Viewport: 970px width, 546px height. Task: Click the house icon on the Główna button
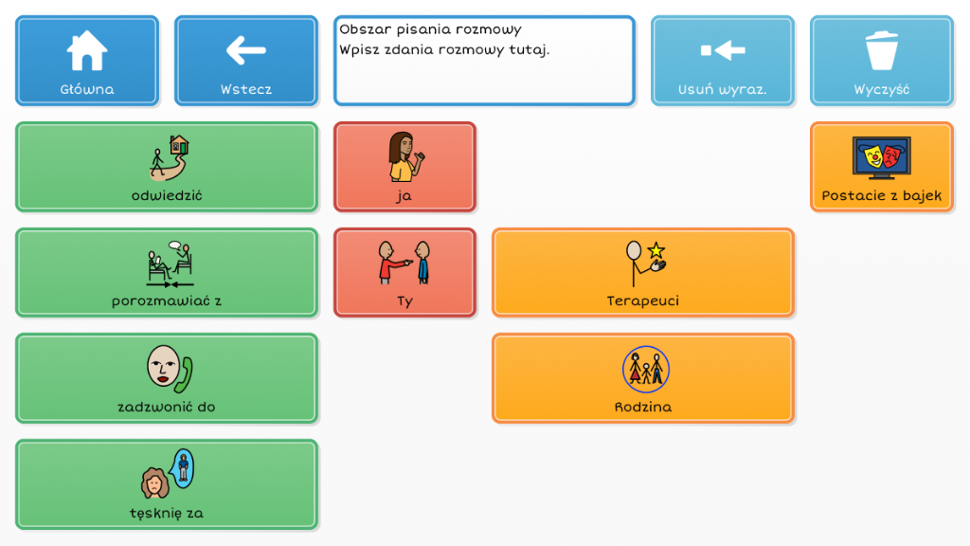coord(86,50)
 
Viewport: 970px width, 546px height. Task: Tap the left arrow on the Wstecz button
coord(245,50)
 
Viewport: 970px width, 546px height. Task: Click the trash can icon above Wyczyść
coord(882,50)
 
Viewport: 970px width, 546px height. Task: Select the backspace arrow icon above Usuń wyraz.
coord(723,50)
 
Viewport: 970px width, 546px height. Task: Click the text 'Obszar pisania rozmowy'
coord(431,29)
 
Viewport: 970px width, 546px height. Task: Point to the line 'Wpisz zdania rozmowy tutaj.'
coord(444,49)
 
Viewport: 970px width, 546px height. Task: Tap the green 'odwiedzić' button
coord(167,167)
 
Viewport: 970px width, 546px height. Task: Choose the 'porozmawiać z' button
coord(167,272)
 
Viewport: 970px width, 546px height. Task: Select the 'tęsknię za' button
coord(167,484)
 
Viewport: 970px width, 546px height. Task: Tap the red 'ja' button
coord(404,167)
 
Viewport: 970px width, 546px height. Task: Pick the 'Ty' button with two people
coord(404,272)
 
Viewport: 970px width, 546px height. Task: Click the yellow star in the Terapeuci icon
coord(656,250)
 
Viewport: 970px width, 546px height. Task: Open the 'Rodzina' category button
coord(643,378)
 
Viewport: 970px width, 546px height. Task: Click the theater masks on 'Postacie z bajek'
coord(882,156)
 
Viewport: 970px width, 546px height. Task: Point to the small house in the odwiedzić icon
coord(179,145)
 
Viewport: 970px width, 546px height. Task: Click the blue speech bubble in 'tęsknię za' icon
coord(183,468)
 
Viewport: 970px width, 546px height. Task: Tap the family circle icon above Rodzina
coord(646,370)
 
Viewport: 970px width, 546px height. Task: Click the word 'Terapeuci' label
coord(643,300)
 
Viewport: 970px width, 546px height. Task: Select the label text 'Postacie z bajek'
coord(882,195)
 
